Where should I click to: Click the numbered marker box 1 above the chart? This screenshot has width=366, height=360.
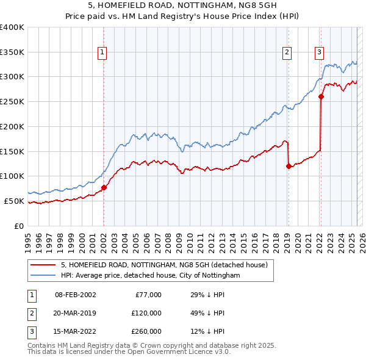[102, 53]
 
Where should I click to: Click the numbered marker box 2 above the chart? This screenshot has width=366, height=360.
[287, 53]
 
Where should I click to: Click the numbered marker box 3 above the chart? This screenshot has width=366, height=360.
[319, 53]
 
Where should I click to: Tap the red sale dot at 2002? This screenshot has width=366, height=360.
[104, 187]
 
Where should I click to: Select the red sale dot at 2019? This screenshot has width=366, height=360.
[288, 165]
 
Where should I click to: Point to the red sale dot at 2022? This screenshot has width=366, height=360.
[321, 96]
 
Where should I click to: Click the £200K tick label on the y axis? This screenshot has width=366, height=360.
[12, 126]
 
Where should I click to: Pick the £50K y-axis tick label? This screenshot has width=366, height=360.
[15, 201]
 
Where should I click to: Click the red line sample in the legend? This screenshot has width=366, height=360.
[43, 265]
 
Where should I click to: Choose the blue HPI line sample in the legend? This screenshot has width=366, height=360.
[43, 275]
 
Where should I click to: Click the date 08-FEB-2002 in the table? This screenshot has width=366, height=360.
[75, 295]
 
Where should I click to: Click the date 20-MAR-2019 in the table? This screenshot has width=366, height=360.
[75, 313]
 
